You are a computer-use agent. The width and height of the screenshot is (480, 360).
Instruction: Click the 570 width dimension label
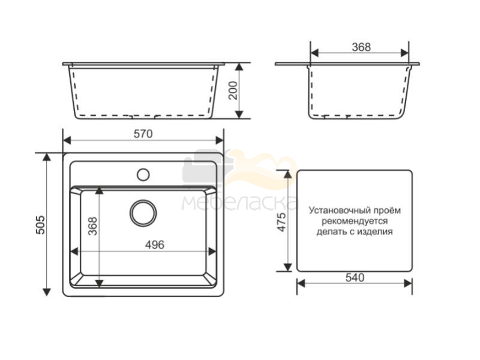click(x=143, y=134)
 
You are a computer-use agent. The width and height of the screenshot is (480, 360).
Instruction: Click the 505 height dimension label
click(x=41, y=225)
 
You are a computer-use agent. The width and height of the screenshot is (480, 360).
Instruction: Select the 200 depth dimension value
click(x=233, y=91)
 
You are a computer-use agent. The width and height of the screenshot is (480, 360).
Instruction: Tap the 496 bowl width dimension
click(x=155, y=245)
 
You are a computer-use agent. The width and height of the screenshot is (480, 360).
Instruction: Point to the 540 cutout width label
click(x=355, y=277)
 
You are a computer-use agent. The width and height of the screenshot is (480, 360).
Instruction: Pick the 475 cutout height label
click(x=281, y=221)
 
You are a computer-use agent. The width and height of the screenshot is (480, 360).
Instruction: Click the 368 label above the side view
click(x=361, y=47)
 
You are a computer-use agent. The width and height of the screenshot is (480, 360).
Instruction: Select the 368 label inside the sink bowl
click(x=92, y=226)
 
